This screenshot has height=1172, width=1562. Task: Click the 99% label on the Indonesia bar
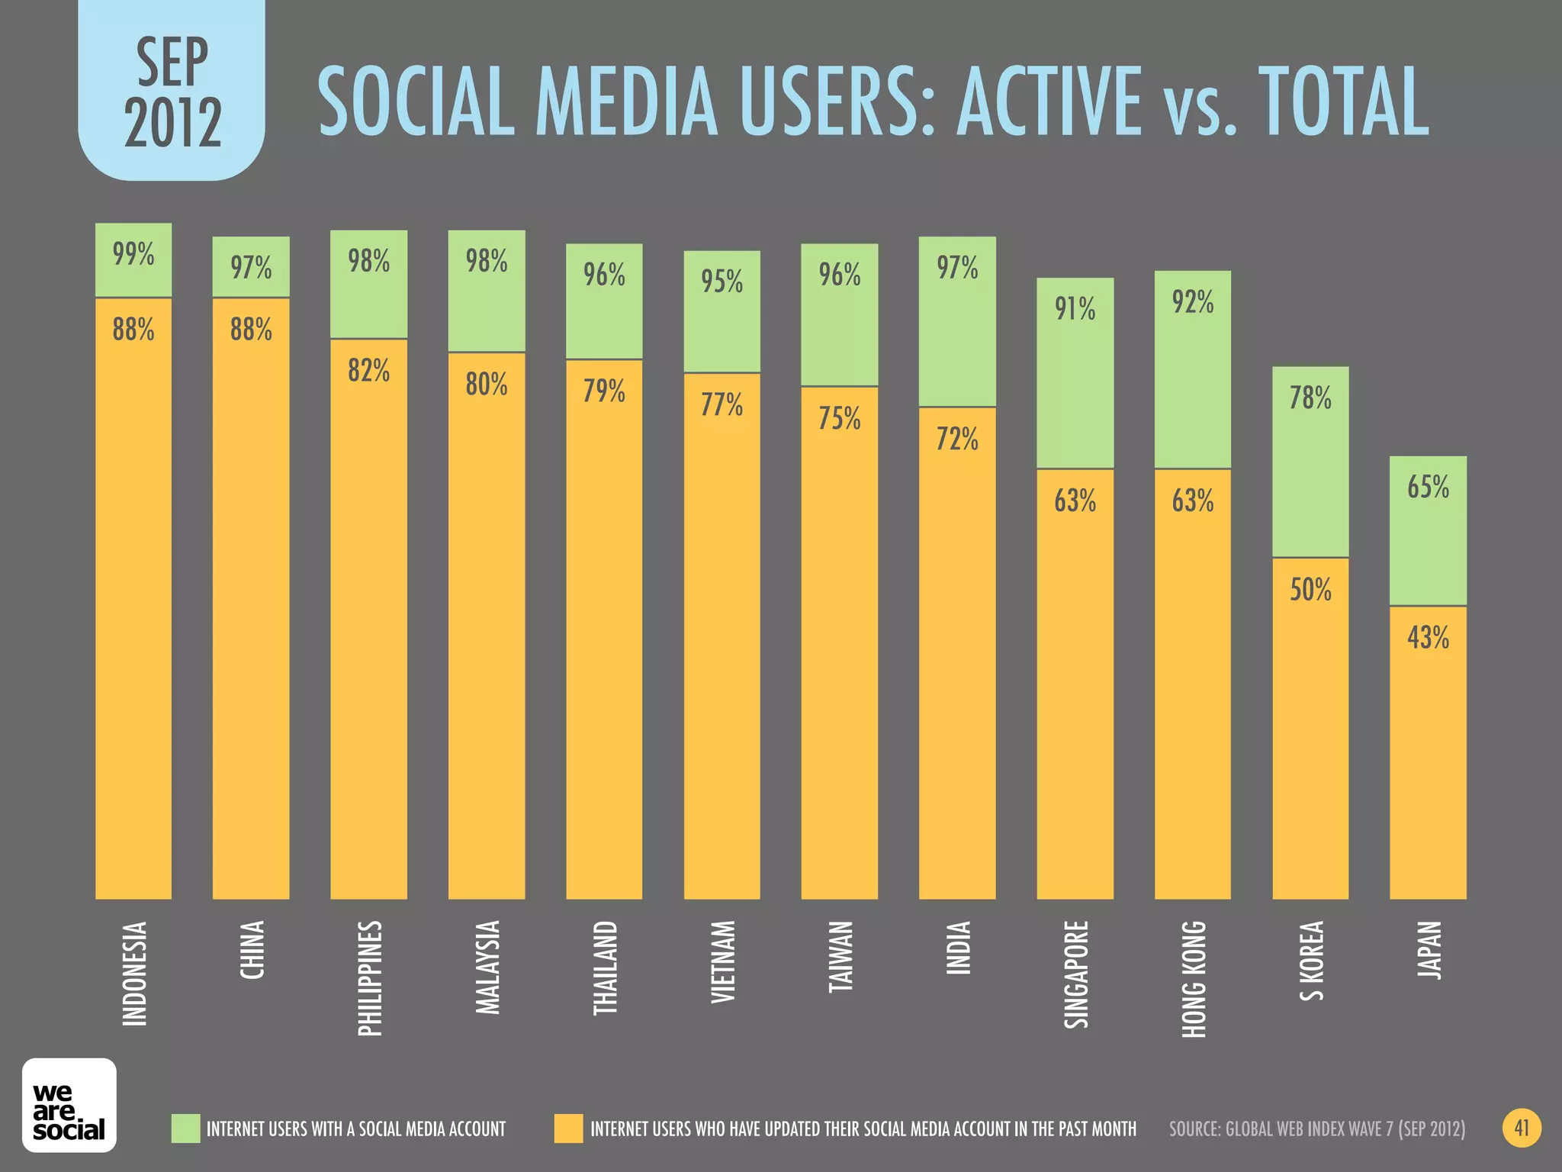[133, 254]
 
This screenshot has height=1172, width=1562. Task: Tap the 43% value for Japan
[1428, 637]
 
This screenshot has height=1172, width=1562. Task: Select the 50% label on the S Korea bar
[1310, 590]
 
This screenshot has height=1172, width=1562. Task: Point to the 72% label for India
[957, 439]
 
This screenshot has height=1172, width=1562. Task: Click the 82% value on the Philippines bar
[368, 371]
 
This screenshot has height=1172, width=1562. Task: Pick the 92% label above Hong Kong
[1193, 303]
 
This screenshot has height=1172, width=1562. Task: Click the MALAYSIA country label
[487, 968]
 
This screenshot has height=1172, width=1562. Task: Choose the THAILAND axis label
[605, 968]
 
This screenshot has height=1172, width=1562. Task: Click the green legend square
[185, 1129]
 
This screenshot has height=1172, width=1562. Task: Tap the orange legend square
[568, 1129]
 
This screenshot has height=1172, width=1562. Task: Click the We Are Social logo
[69, 1105]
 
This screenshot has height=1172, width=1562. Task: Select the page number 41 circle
[1522, 1128]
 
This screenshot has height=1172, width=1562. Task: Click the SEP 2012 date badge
[172, 92]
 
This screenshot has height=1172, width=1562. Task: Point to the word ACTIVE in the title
[1049, 102]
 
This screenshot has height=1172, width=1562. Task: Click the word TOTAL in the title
[1342, 102]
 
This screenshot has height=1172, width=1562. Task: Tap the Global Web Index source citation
[1317, 1129]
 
